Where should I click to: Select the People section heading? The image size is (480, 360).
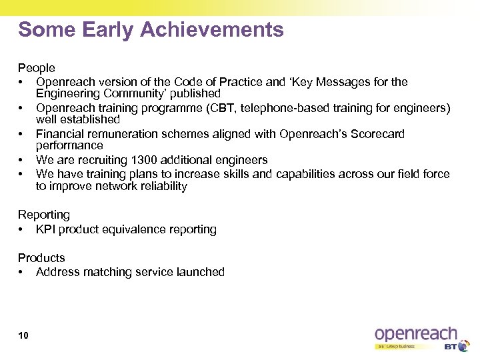[x=37, y=68]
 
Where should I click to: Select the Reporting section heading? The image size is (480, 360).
[x=44, y=215]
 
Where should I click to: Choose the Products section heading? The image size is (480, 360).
[x=41, y=257]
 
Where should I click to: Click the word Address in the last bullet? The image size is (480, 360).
[x=59, y=272]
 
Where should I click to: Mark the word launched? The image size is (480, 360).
[x=200, y=272]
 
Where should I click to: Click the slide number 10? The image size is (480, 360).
[x=23, y=335]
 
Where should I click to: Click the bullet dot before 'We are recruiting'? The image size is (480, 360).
[x=22, y=160]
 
